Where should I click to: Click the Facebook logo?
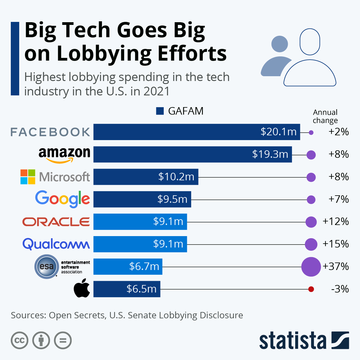pos(50,132)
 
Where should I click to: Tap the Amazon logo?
pos(64,154)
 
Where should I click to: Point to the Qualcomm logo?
pos(56,244)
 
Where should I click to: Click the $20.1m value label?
pos(278,132)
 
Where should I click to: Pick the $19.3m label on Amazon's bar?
pos(270,154)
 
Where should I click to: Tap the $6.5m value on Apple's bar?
pos(141,289)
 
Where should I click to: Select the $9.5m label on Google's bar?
pos(172,199)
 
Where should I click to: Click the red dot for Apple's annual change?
pos(311,289)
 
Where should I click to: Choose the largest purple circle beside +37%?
pos(311,266)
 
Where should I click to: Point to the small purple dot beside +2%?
pos(311,132)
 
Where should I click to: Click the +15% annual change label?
pos(335,244)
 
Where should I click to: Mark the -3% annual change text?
pos(340,289)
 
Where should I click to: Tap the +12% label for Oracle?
pos(335,222)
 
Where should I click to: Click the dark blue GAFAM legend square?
pos(160,111)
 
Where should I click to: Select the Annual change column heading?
pos(325,116)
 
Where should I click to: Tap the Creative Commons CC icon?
pos(19,340)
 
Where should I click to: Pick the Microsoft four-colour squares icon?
pos(28,177)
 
